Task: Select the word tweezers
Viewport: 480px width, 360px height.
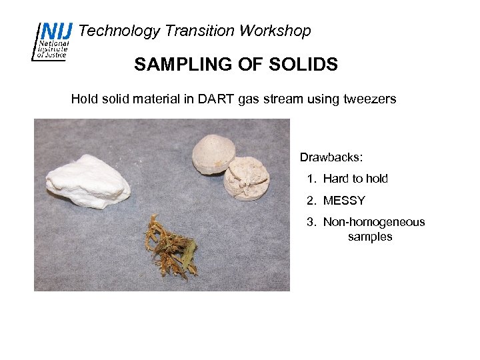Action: [370, 99]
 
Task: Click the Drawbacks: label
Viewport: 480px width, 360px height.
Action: [331, 158]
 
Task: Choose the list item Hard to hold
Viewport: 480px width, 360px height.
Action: [355, 179]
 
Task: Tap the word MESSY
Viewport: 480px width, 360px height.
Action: [344, 201]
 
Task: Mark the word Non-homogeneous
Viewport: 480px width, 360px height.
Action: [374, 222]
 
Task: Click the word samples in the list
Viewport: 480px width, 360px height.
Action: [370, 237]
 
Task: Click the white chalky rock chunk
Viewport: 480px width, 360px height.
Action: [87, 180]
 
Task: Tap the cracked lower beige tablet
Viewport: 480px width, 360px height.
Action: [247, 178]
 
